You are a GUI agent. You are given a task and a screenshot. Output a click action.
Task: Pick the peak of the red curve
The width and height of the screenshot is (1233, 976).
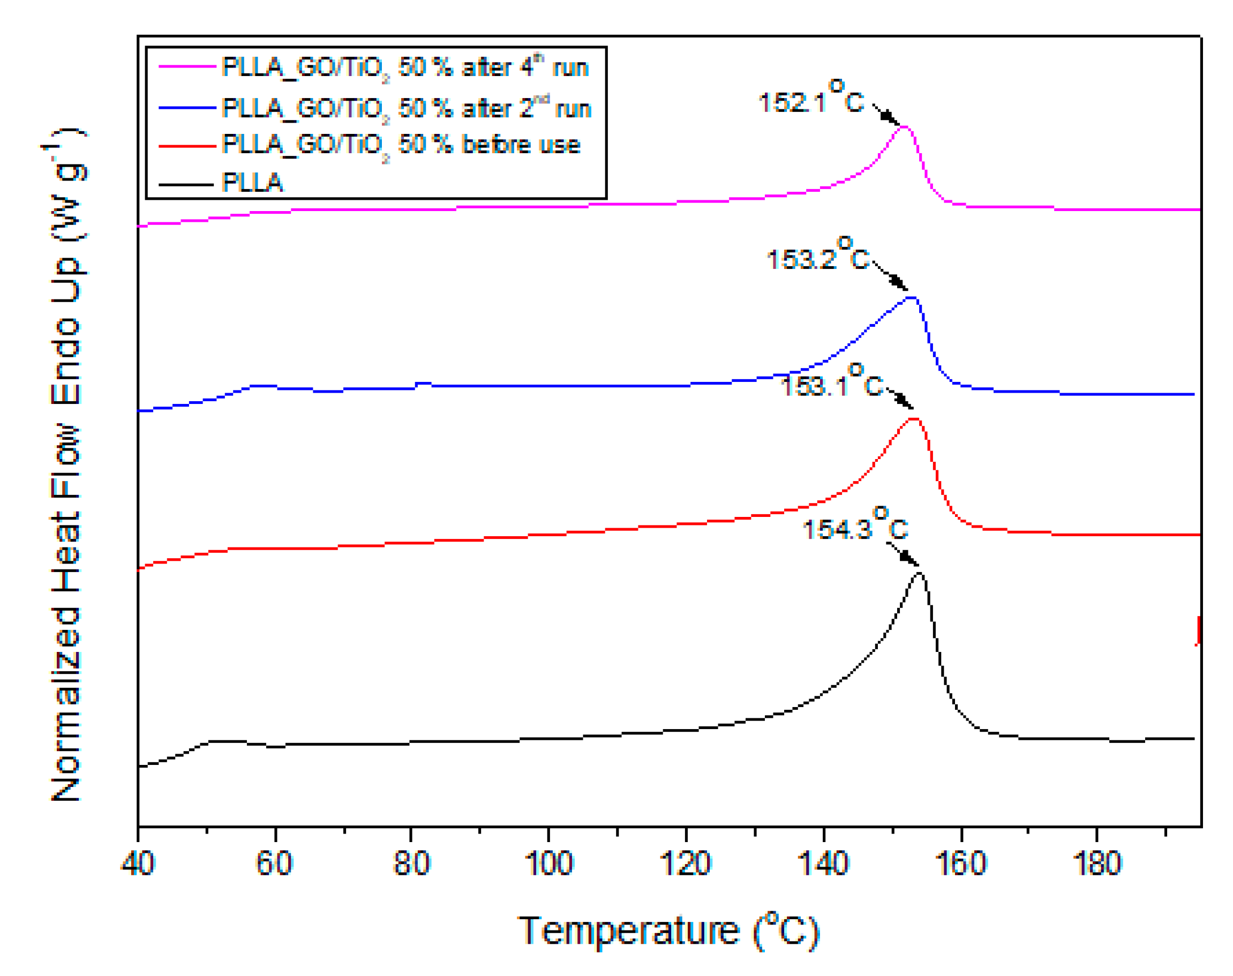point(914,419)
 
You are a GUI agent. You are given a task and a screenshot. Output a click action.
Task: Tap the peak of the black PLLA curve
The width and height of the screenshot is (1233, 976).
point(919,573)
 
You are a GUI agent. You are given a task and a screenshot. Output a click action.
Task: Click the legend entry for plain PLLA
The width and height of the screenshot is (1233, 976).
point(252,183)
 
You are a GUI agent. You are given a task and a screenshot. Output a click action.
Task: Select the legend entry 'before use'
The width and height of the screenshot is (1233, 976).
point(400,145)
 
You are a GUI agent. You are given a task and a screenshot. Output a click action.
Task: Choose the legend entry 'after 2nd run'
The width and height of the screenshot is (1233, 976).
point(405,108)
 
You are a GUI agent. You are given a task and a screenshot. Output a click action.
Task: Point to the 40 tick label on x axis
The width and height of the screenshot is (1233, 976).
point(138,863)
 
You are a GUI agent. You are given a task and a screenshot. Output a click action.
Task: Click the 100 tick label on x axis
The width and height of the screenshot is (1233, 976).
point(548,863)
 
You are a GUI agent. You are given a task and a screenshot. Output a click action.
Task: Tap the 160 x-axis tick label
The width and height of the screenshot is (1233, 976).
point(961,863)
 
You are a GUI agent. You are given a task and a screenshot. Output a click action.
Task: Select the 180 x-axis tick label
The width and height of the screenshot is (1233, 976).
point(1097,863)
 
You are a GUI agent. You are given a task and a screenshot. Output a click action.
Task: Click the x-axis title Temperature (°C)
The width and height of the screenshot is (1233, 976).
point(668,932)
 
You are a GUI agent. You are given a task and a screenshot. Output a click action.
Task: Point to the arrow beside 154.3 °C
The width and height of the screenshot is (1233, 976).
point(902,554)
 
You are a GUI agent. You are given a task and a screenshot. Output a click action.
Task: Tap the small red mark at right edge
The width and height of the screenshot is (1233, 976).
point(1198,630)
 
